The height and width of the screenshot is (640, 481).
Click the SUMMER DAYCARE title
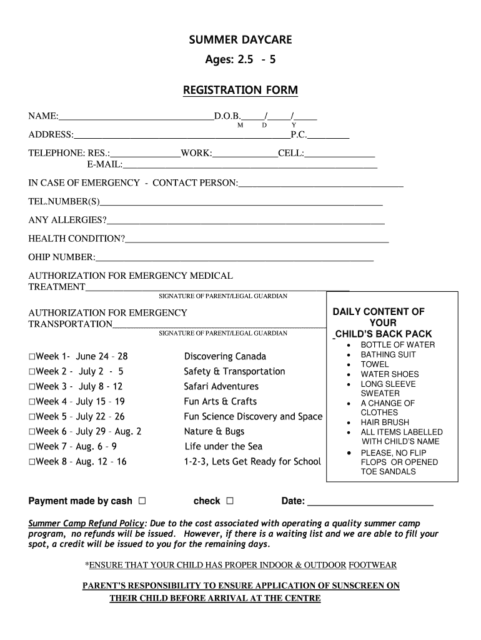(x=241, y=41)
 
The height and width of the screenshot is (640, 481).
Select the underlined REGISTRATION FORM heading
(x=241, y=91)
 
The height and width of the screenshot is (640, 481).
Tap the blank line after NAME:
(x=136, y=116)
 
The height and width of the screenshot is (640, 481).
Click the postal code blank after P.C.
(x=329, y=135)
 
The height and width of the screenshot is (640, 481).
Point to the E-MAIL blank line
(x=250, y=165)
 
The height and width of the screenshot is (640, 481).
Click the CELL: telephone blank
(x=340, y=153)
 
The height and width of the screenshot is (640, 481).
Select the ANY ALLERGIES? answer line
(x=245, y=221)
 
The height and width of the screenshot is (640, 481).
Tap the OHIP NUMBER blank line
(x=234, y=257)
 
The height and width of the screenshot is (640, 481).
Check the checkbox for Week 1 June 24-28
(x=32, y=357)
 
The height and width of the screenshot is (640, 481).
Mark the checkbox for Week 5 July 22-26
(x=32, y=417)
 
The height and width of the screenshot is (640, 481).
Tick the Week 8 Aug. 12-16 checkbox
(x=32, y=462)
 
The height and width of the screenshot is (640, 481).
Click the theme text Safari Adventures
(x=221, y=387)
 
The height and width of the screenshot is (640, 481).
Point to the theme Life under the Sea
(x=224, y=447)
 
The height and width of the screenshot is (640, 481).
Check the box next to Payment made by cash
(x=142, y=501)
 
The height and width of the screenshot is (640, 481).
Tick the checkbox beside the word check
(x=230, y=501)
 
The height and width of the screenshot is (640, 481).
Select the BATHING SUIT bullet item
(x=388, y=354)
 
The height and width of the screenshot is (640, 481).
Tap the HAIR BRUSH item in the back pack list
(x=385, y=422)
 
